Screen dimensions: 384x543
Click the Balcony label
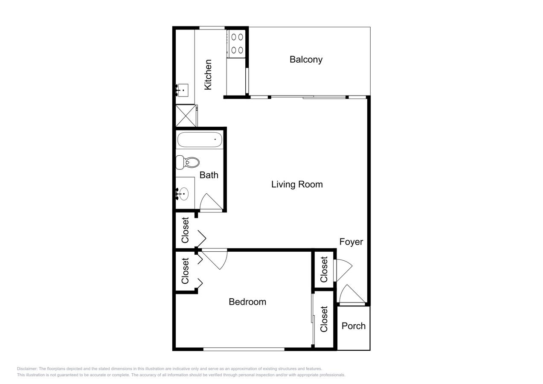[306, 59]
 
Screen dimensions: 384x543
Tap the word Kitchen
[208, 75]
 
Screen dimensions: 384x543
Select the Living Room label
[297, 184]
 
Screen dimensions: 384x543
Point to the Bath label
[209, 175]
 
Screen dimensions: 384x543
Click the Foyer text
[351, 242]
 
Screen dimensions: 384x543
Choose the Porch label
[354, 326]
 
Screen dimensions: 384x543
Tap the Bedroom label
[247, 302]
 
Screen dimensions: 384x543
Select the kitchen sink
[183, 90]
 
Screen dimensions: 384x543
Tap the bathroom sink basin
[183, 194]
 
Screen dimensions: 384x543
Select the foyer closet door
[343, 270]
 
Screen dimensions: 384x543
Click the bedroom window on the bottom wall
[244, 349]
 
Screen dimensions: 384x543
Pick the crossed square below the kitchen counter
[186, 116]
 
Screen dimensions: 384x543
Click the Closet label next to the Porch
[324, 319]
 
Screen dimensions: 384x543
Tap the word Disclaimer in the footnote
[27, 369]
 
